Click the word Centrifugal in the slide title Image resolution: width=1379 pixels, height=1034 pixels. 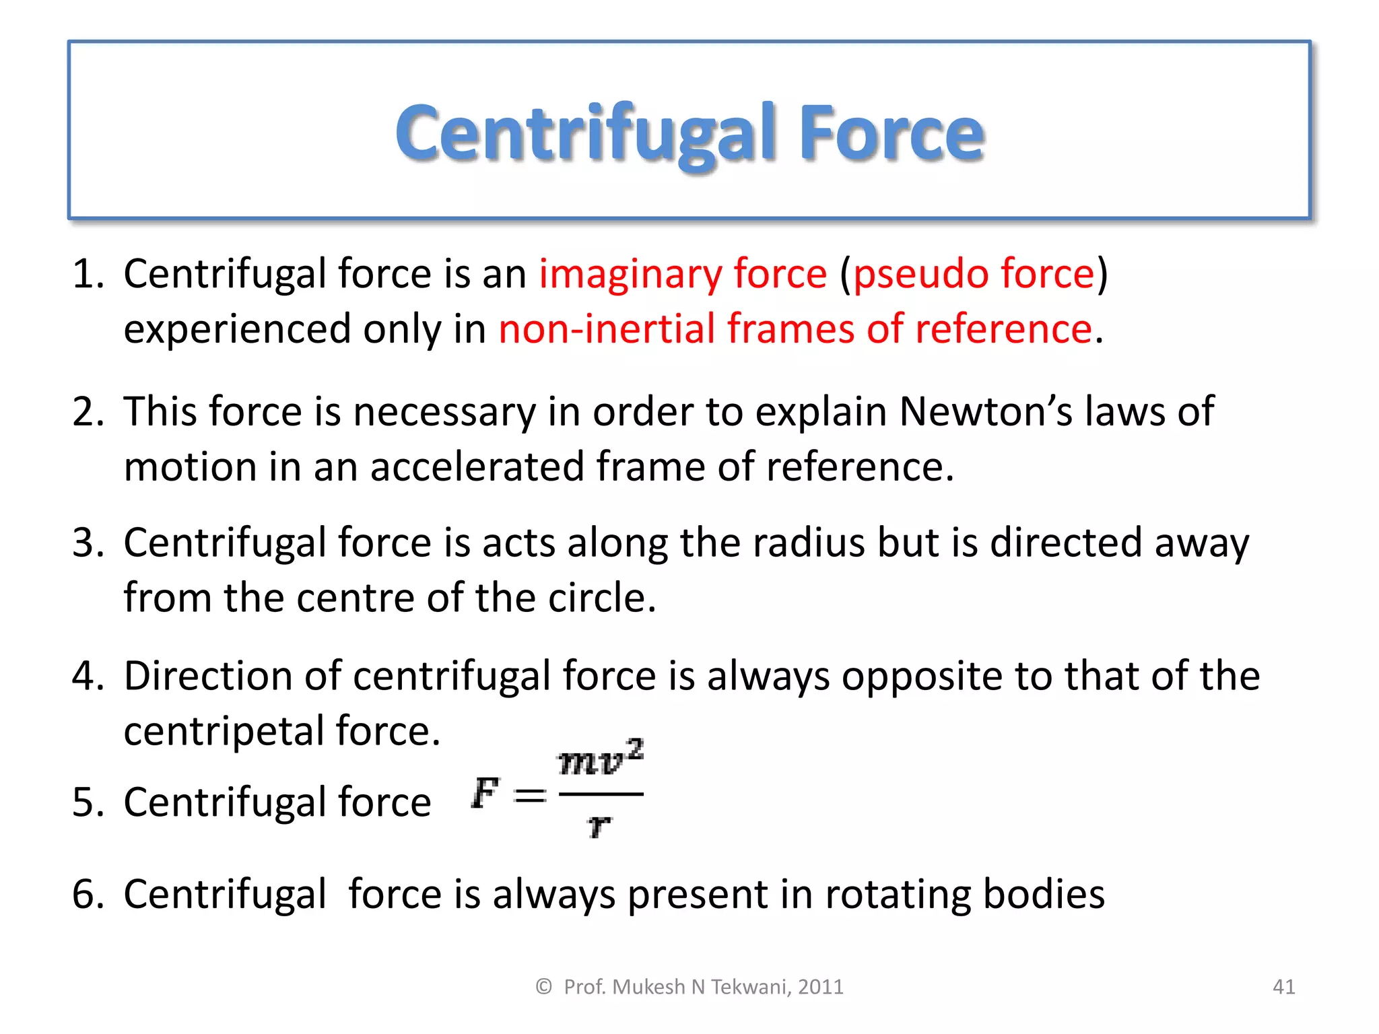point(586,135)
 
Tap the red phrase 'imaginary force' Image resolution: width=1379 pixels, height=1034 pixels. point(682,274)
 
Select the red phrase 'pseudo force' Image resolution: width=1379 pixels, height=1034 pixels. point(974,274)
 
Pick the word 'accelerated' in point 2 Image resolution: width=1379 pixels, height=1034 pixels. point(477,467)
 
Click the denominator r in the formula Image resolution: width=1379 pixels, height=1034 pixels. point(599,825)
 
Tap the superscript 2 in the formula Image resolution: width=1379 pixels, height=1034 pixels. point(636,749)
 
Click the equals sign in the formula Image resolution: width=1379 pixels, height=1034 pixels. point(530,796)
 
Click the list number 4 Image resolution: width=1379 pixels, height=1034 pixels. point(86,676)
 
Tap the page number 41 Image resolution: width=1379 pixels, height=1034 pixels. point(1283,987)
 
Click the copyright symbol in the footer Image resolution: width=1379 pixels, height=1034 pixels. point(543,987)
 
